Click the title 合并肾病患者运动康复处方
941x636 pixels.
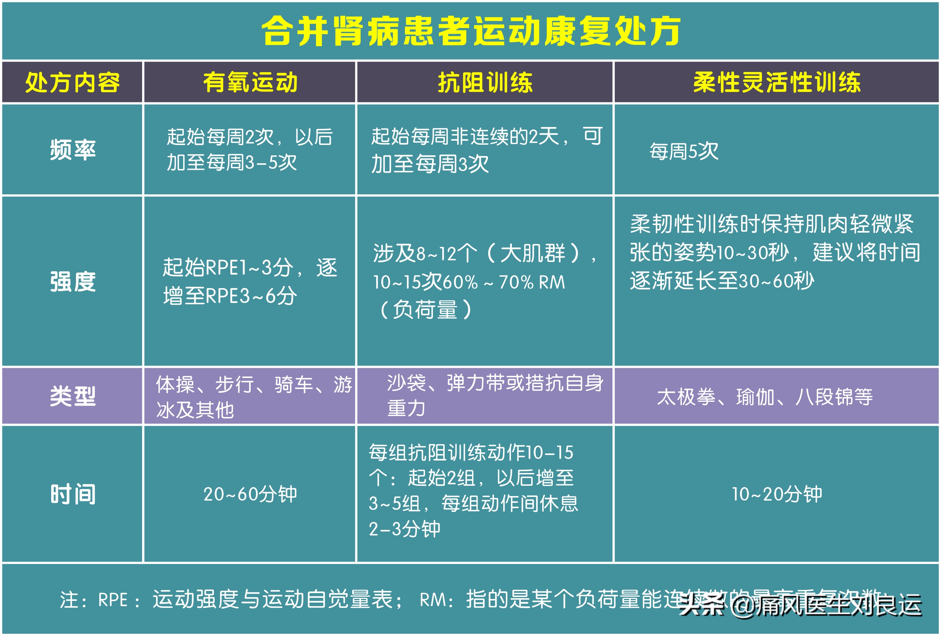[x=470, y=31]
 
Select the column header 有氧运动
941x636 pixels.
[x=250, y=82]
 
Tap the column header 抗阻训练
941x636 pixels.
[x=485, y=82]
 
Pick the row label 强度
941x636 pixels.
[x=73, y=281]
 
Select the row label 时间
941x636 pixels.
[x=73, y=494]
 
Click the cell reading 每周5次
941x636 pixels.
[x=684, y=151]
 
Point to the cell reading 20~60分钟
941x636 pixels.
[x=250, y=494]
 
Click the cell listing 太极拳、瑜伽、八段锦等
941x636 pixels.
[x=764, y=397]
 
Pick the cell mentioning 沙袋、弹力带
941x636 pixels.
[x=495, y=395]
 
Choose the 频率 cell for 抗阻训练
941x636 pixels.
[x=486, y=149]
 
